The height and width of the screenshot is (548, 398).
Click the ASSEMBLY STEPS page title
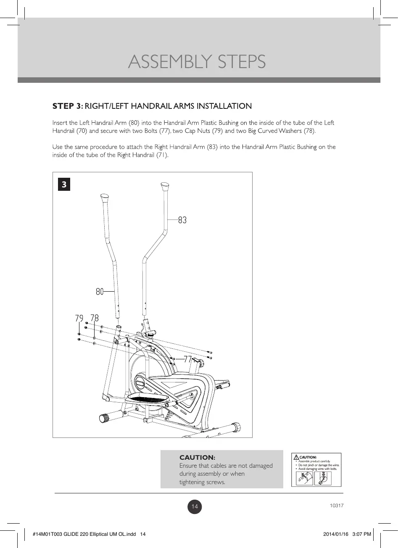[197, 62]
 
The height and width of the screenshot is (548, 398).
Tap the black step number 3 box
[64, 184]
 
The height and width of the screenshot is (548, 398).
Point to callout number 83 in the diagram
[182, 220]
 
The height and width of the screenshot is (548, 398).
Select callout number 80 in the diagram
[100, 291]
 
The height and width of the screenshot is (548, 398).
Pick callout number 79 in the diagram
[79, 318]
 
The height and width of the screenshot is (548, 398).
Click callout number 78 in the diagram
[95, 318]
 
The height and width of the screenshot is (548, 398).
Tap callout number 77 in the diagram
[187, 359]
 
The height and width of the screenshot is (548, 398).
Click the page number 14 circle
[195, 507]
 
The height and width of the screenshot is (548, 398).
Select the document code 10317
[337, 506]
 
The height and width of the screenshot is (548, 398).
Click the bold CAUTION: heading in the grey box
[197, 457]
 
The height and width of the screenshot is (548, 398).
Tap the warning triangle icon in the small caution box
[296, 457]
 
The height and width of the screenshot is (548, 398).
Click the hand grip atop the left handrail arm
[104, 197]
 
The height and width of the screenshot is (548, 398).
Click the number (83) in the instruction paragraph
[212, 147]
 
